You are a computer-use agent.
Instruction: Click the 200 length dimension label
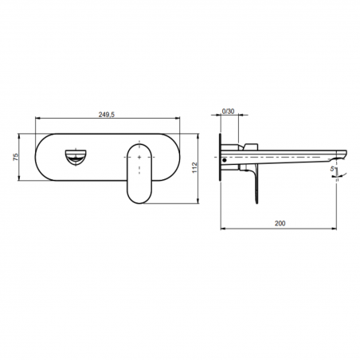pos(280,225)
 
